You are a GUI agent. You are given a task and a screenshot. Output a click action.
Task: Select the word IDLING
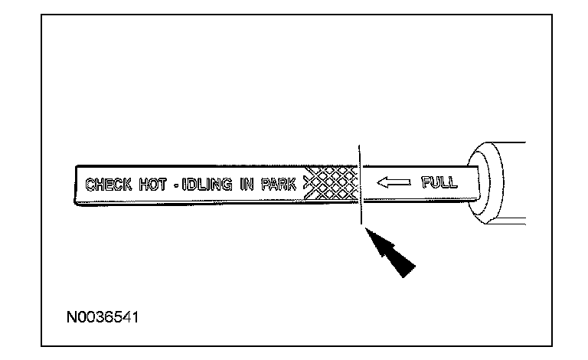pos(206,185)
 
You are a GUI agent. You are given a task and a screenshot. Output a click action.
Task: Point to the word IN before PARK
pos(246,185)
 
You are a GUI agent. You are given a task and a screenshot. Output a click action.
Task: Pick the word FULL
pos(439,183)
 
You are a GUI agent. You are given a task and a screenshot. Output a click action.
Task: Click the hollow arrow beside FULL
pos(394,183)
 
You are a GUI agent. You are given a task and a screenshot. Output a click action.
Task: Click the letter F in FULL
pos(425,183)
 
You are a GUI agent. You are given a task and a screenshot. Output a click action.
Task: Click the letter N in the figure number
pos(70,316)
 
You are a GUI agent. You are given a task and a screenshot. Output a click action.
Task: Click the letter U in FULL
pos(435,183)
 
